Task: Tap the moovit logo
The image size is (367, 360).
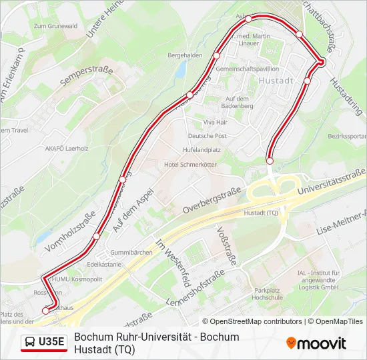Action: [x=316, y=343]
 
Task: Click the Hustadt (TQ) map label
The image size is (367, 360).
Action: [x=262, y=213]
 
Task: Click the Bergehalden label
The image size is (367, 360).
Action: [x=185, y=55]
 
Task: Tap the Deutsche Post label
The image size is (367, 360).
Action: [x=207, y=136]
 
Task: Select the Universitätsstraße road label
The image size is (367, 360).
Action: [x=332, y=185]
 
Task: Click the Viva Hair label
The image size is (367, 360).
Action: [x=216, y=123]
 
